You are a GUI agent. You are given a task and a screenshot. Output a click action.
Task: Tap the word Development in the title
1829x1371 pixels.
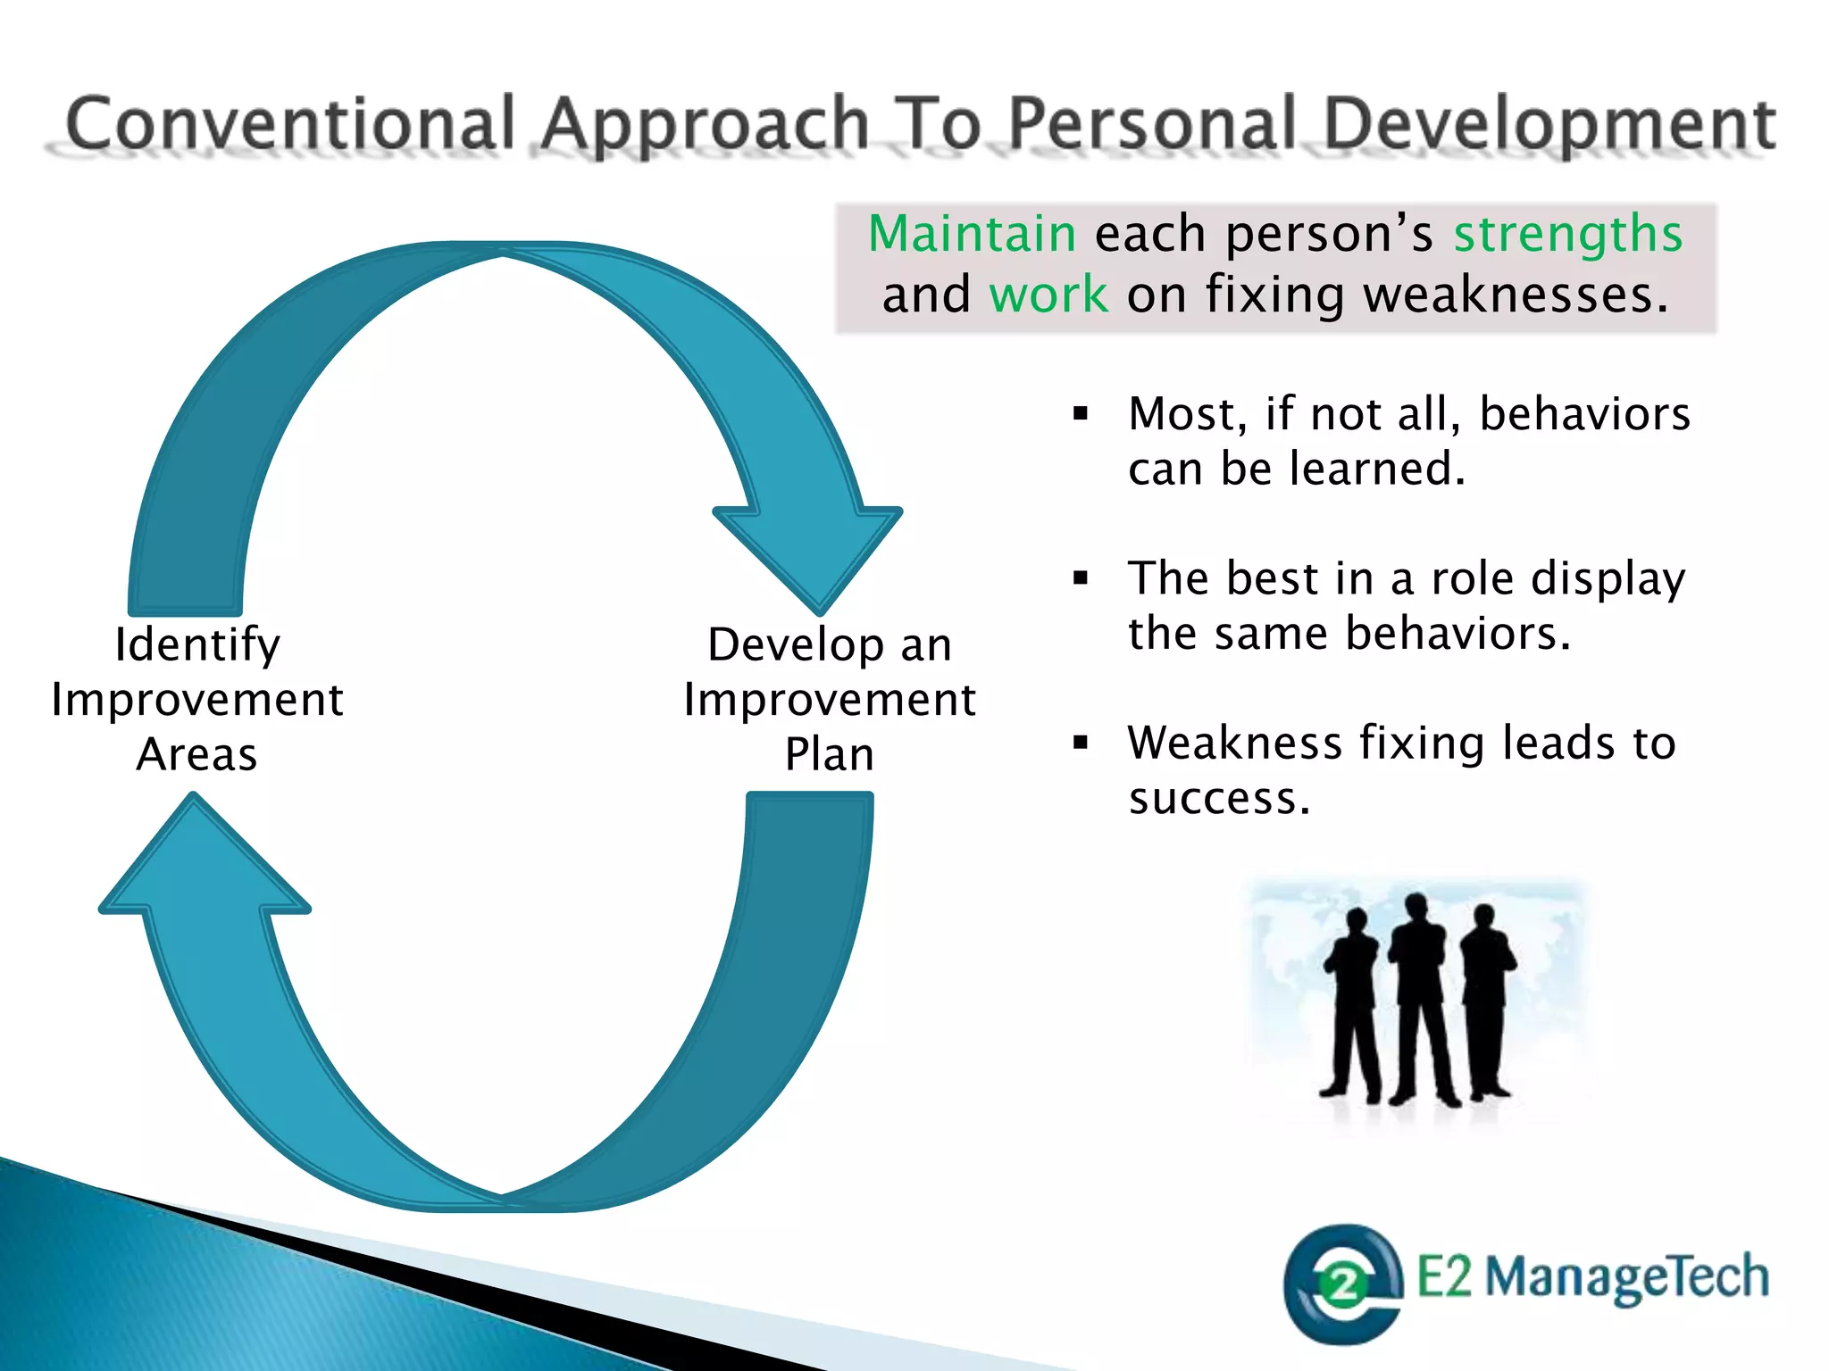[x=1549, y=125]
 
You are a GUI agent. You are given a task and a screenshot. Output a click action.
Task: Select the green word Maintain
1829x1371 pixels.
[x=972, y=234]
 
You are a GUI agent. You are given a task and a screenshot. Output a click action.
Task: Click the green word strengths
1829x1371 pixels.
[x=1567, y=234]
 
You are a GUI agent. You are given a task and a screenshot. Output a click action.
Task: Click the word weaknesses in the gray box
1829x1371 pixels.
[x=1516, y=295]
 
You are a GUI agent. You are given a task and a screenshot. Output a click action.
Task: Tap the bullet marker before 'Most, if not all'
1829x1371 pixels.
[x=1082, y=413]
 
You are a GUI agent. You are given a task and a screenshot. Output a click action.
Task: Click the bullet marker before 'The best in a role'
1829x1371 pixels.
[x=1082, y=578]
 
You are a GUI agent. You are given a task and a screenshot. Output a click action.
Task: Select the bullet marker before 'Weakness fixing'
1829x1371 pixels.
[x=1082, y=742]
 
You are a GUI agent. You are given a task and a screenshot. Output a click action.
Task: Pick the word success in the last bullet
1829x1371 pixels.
[x=1219, y=798]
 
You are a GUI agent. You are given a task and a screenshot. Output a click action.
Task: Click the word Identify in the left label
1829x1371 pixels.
[x=197, y=644]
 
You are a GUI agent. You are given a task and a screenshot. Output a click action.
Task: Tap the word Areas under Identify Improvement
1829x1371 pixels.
[x=197, y=754]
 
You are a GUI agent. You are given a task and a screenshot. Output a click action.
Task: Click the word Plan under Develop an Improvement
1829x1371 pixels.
[x=830, y=754]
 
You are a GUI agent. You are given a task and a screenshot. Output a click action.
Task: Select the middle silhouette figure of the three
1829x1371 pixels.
[x=1417, y=1000]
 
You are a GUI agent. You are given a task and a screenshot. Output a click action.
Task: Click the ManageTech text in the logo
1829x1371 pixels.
[x=1625, y=1276]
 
